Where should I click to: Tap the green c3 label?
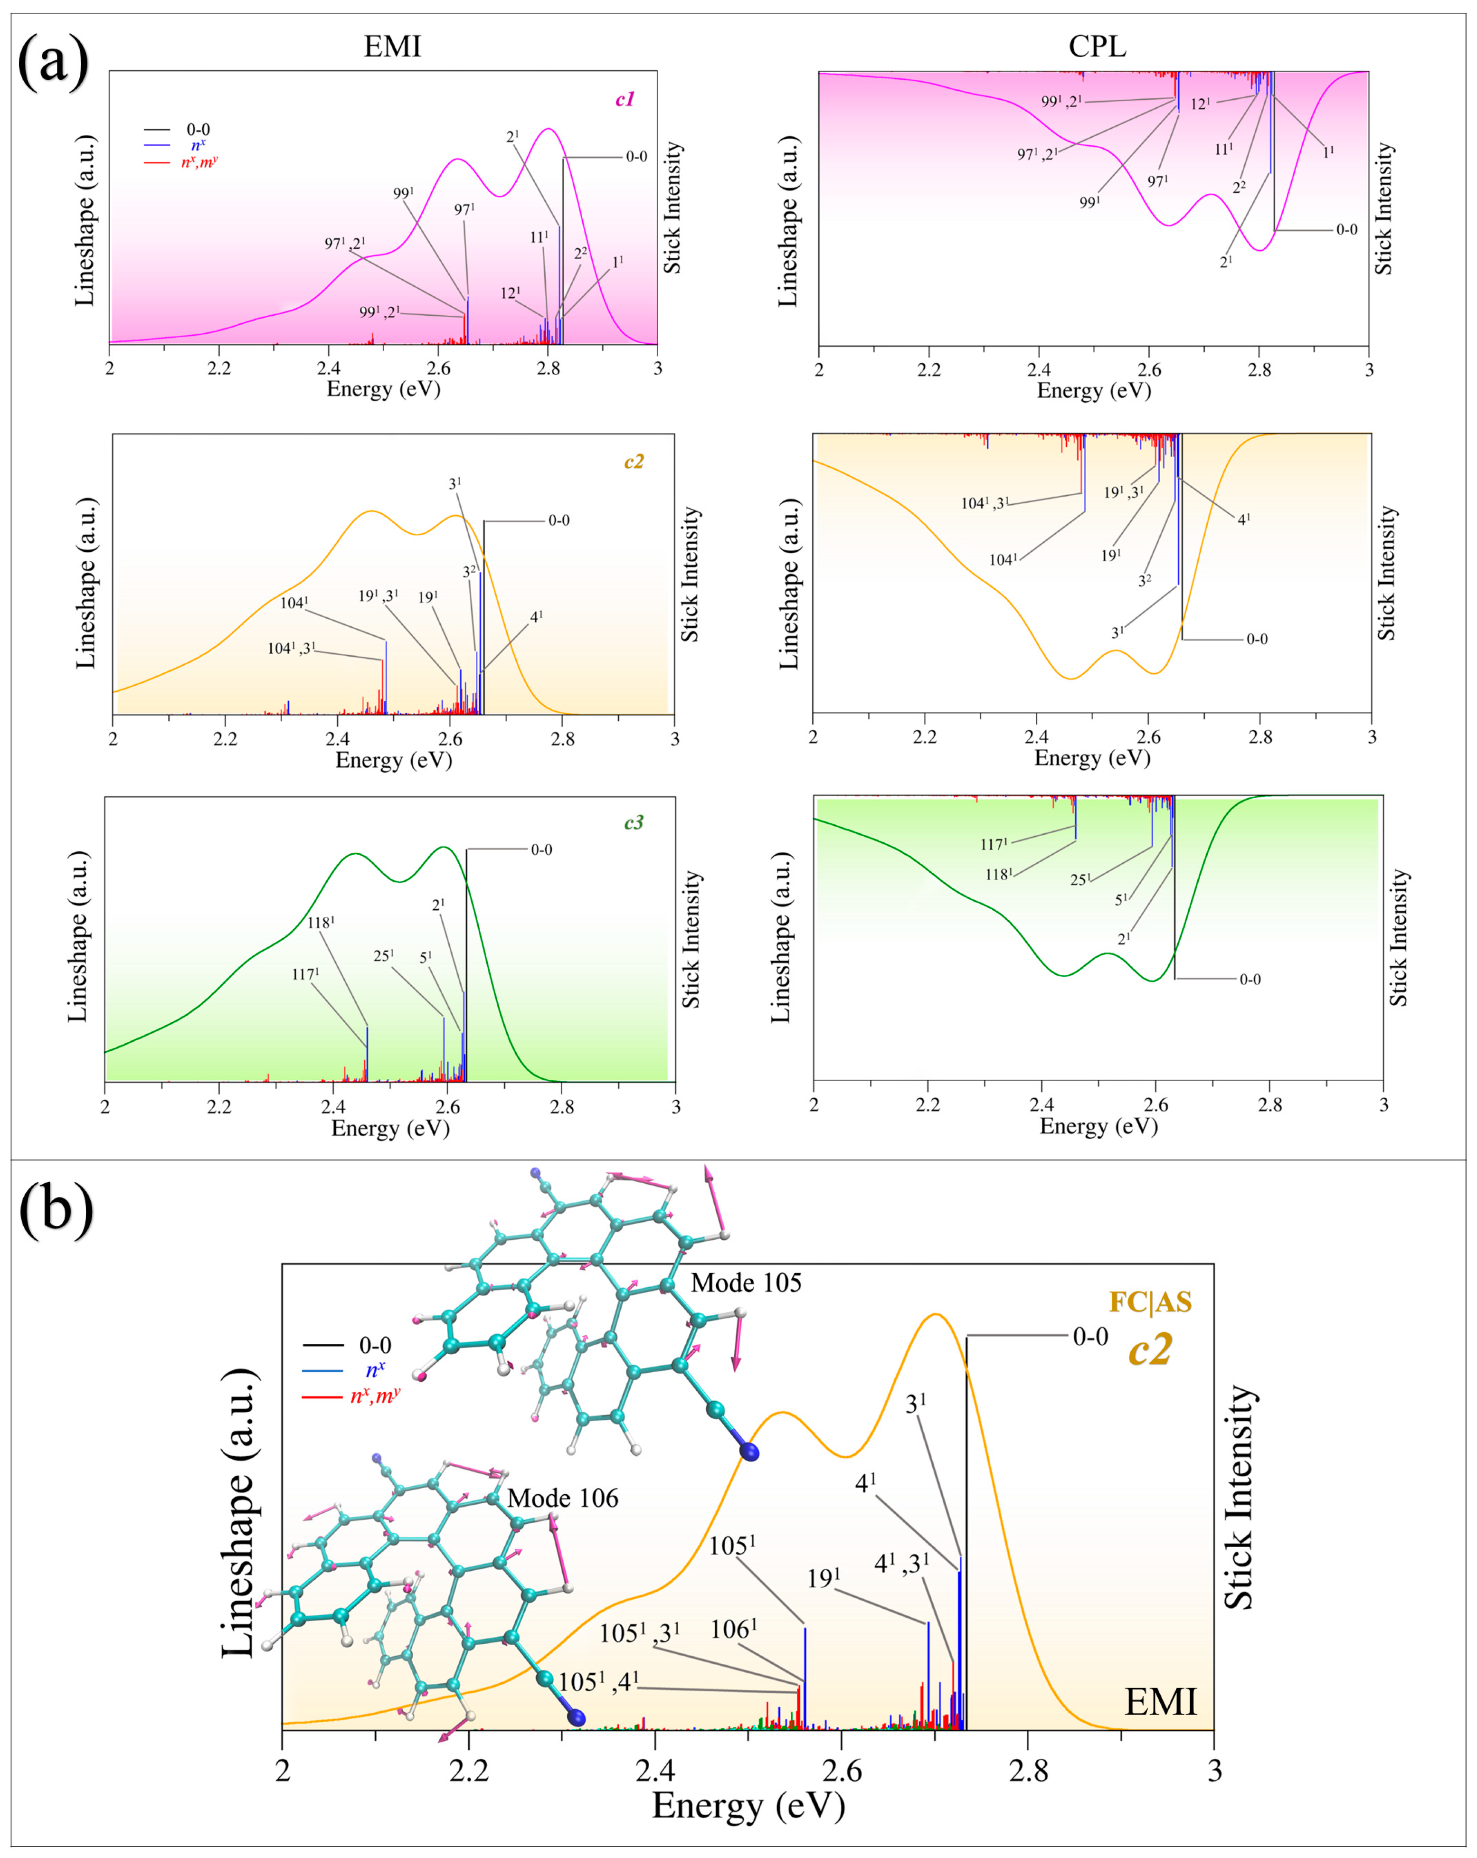[x=634, y=823]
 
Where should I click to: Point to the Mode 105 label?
[x=746, y=1283]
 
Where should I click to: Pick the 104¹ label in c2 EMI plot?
[x=294, y=603]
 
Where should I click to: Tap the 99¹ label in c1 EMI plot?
[x=403, y=194]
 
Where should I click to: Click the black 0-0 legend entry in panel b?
[x=374, y=1345]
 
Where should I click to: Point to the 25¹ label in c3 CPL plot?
[x=1080, y=880]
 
